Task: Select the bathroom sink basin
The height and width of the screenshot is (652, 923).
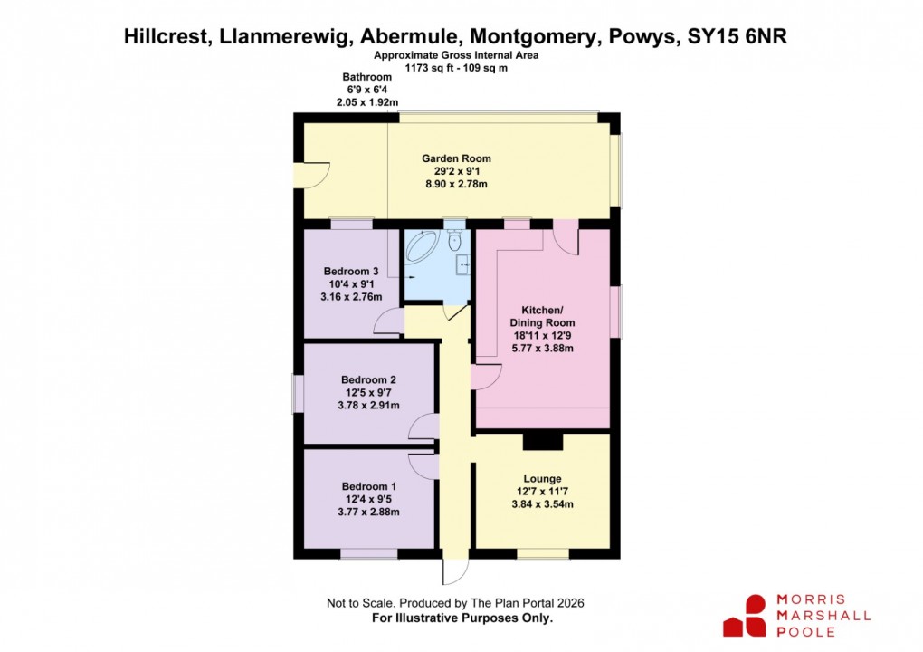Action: pos(462,264)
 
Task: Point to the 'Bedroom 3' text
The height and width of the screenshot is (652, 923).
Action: pos(351,272)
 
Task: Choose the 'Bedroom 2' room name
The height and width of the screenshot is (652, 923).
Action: pos(368,379)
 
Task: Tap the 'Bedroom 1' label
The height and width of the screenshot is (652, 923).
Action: pos(368,486)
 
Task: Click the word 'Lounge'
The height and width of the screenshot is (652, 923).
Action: pos(542,479)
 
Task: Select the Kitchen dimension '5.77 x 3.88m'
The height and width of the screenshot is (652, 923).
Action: pos(542,348)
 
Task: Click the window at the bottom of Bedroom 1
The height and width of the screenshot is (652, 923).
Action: pos(368,553)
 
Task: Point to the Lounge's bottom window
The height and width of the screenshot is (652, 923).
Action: pos(543,553)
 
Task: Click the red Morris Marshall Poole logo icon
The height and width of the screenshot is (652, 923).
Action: pos(744,615)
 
